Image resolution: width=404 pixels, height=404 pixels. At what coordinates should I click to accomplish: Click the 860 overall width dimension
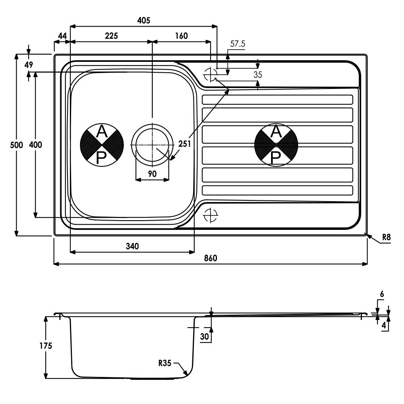coord(210,258)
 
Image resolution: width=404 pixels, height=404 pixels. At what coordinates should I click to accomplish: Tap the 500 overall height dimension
coord(17,145)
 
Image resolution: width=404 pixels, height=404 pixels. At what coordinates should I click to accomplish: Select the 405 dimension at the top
coord(143,20)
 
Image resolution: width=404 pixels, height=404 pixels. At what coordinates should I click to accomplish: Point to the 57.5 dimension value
coord(238,44)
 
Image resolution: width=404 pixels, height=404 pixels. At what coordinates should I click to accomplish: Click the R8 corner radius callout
coord(386,237)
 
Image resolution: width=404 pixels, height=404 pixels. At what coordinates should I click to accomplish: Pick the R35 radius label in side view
coord(165,363)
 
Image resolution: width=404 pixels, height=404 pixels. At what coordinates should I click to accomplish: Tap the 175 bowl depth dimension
coord(46,345)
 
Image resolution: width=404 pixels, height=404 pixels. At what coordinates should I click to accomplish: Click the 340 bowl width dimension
coord(132,246)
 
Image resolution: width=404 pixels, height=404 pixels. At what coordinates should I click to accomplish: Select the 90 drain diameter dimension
coord(152,174)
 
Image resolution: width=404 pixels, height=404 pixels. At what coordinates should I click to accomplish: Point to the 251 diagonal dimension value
coord(185,144)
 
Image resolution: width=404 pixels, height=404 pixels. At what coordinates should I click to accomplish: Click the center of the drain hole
coord(152,145)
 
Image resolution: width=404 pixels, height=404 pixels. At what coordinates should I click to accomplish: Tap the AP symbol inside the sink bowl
coord(102,145)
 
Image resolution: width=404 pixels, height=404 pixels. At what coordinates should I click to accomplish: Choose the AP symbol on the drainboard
coord(276,145)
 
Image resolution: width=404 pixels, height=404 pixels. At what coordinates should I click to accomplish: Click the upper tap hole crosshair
coord(210,75)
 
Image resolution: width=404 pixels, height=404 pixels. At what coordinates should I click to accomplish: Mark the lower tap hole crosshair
coord(210,215)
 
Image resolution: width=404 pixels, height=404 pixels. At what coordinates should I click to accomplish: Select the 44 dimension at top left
coord(62,36)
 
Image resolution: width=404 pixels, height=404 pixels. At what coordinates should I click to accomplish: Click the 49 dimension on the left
coord(29,65)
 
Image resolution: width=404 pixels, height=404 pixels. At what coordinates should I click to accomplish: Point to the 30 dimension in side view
coord(204,337)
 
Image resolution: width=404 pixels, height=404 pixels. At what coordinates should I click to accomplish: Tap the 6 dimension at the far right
coord(382,294)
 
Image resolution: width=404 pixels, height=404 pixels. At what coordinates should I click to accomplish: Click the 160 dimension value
coord(181,36)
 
